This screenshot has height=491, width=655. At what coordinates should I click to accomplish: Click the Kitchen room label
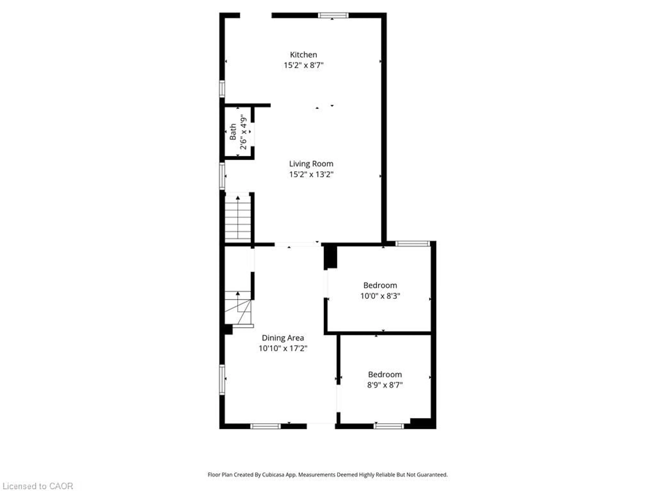303,55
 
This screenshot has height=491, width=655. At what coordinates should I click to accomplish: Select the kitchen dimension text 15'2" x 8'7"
303,65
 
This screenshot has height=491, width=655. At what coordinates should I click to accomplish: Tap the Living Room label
311,164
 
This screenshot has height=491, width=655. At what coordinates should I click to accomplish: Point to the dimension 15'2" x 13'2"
311,174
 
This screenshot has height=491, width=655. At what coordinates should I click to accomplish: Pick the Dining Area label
282,338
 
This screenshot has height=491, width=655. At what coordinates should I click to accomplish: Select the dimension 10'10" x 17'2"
282,348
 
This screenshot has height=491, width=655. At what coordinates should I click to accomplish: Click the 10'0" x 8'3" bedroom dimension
380,296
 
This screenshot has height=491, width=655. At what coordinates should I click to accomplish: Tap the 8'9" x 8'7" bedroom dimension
385,385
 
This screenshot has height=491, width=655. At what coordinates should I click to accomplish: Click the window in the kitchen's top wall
333,15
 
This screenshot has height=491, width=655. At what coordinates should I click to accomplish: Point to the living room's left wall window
222,176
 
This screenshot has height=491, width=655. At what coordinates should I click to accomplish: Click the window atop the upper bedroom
412,244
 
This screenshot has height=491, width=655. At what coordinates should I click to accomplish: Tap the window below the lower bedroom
389,426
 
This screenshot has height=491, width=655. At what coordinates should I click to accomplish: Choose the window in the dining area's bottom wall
265,426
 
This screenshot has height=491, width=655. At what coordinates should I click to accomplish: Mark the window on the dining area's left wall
222,380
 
